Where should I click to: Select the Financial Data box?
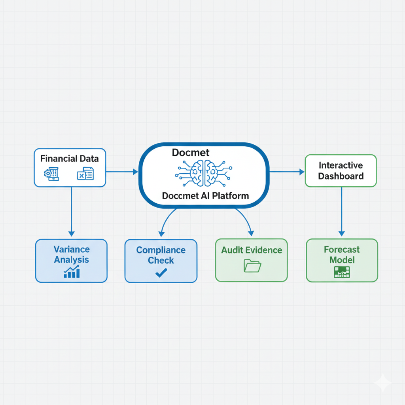70,167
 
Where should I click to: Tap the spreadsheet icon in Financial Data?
85,174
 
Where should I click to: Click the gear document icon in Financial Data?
52,174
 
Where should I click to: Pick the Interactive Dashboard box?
341,170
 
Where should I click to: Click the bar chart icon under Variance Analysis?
72,272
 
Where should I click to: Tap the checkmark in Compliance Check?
161,273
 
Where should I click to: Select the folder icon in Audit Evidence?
252,266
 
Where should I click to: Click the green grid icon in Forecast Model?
342,272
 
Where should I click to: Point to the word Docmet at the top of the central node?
191,153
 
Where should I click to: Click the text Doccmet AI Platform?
205,195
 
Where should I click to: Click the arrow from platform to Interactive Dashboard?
287,172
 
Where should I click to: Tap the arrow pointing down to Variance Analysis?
71,214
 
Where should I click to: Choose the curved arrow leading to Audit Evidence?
244,221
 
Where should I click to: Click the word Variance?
72,250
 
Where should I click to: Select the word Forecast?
342,250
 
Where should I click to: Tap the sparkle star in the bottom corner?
382,383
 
